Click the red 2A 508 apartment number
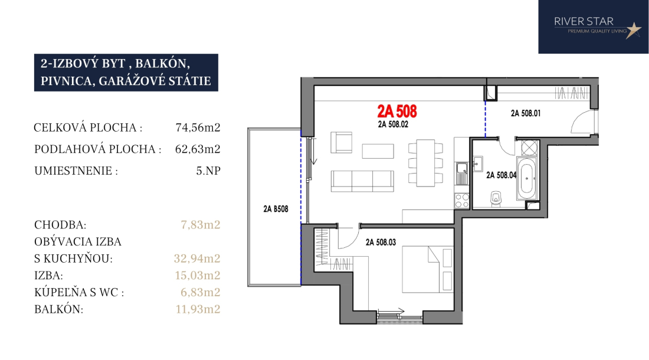coord(397,112)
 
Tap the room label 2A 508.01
coord(526,113)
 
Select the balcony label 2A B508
coord(276,209)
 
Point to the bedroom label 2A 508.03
coord(381,243)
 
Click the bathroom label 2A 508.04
coord(501,175)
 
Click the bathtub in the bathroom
coord(526,179)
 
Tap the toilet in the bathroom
coord(496,199)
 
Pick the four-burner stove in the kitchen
coord(462,201)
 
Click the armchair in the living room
coord(342,142)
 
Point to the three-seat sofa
coord(362,181)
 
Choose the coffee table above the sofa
coord(378,151)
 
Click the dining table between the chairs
coord(425,163)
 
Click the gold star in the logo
coord(633,30)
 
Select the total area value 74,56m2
coord(198,127)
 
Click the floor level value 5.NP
coord(208,171)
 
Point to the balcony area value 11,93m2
coord(198,309)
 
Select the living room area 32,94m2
coord(197,258)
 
